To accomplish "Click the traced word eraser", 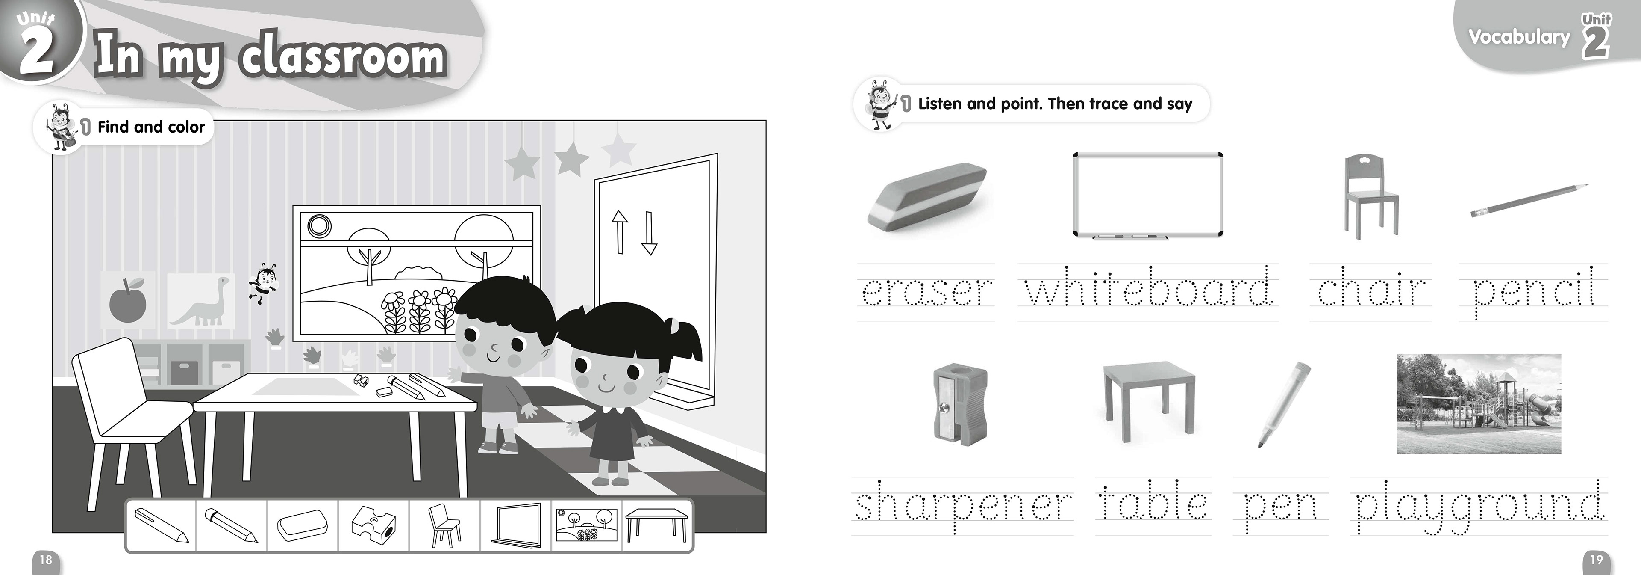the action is (x=926, y=291).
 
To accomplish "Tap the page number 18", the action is (x=46, y=560).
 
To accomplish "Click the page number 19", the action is (x=1596, y=560).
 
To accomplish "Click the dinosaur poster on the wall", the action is (x=201, y=301).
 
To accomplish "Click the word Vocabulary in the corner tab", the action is (x=1519, y=37).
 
